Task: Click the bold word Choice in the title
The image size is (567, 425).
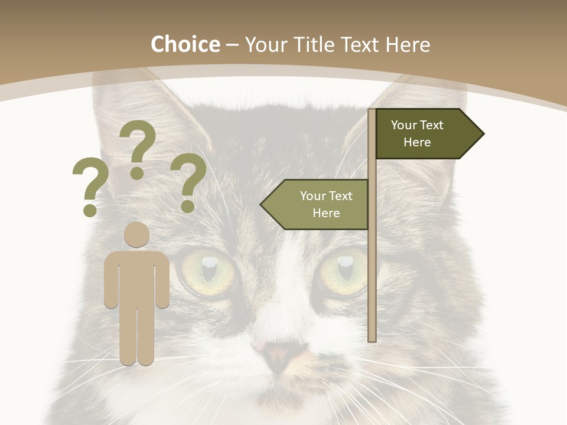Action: pyautogui.click(x=185, y=44)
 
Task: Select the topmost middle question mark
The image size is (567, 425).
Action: pyautogui.click(x=138, y=148)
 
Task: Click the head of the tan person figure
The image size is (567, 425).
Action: pyautogui.click(x=136, y=234)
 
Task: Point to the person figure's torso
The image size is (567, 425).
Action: pyautogui.click(x=136, y=277)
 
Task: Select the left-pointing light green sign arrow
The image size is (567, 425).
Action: pyautogui.click(x=316, y=204)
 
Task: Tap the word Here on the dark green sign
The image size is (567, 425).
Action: pyautogui.click(x=417, y=142)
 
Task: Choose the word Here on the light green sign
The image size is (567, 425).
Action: pyautogui.click(x=326, y=213)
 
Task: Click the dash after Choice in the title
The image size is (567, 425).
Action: pyautogui.click(x=232, y=45)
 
